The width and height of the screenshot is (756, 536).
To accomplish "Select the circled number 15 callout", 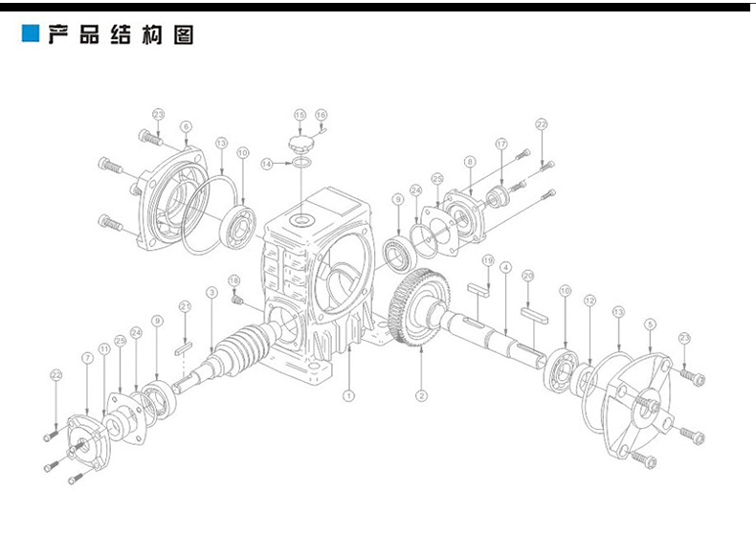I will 300,115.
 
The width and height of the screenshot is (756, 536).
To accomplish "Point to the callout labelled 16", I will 321,115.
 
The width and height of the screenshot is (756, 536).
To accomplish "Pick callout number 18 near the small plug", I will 233,279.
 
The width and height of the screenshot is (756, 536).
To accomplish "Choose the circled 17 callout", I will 500,144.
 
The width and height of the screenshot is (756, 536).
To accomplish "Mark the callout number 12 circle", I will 589,301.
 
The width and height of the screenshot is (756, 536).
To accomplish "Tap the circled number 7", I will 87,357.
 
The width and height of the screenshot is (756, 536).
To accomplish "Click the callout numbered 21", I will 185,306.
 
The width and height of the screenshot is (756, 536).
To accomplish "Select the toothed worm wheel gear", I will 419,309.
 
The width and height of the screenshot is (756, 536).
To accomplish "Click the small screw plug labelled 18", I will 239,301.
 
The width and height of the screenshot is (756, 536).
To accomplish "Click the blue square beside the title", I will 31,35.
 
